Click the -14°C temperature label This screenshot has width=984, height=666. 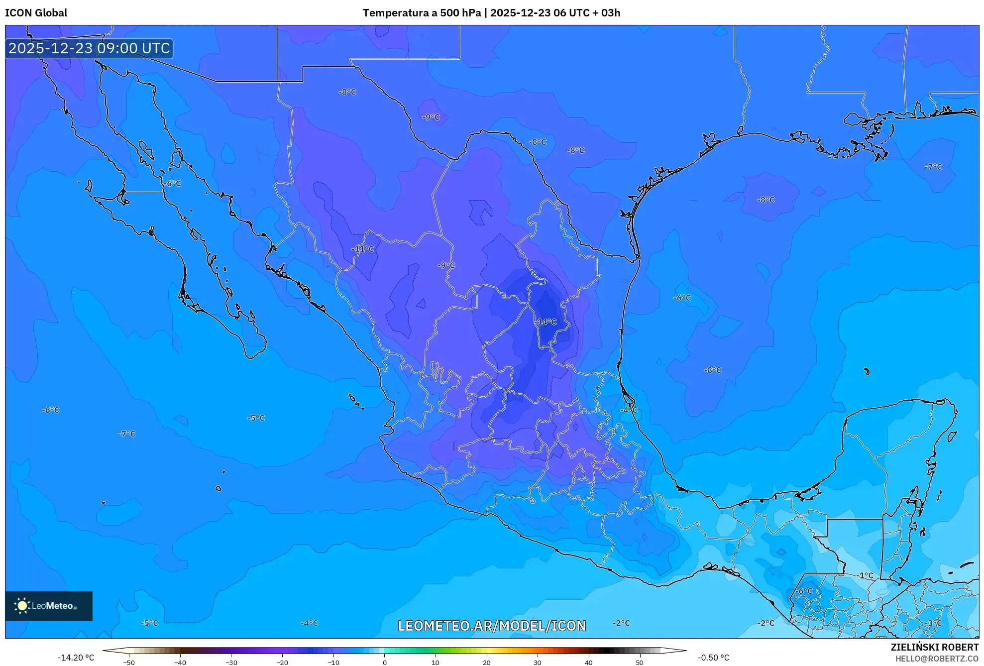coord(546,322)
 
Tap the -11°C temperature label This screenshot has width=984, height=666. coord(362,249)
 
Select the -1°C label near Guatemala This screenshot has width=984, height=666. coord(866,575)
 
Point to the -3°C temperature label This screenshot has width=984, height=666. coord(934,623)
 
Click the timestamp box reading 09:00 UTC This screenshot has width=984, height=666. coord(90,48)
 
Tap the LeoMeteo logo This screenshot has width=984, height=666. coord(49,606)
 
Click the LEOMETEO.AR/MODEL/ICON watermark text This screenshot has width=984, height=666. coord(492,626)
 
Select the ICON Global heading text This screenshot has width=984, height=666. coord(36,13)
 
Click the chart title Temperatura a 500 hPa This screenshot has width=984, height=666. coord(422,13)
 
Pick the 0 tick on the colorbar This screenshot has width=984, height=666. coord(384,663)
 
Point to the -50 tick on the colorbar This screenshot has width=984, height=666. coord(129,663)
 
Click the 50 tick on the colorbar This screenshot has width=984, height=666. coord(640,663)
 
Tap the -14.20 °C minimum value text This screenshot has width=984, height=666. coord(76,658)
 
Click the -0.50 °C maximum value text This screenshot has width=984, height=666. coord(713,658)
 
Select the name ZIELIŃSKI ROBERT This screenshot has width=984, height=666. coord(934,647)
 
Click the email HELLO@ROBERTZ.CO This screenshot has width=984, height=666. coord(937,659)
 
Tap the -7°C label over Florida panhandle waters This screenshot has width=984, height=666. coord(933,167)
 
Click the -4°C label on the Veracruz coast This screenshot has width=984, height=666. coord(629,410)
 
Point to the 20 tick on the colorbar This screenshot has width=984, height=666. coord(486,663)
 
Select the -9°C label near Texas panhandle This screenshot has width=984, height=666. coord(431,117)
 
